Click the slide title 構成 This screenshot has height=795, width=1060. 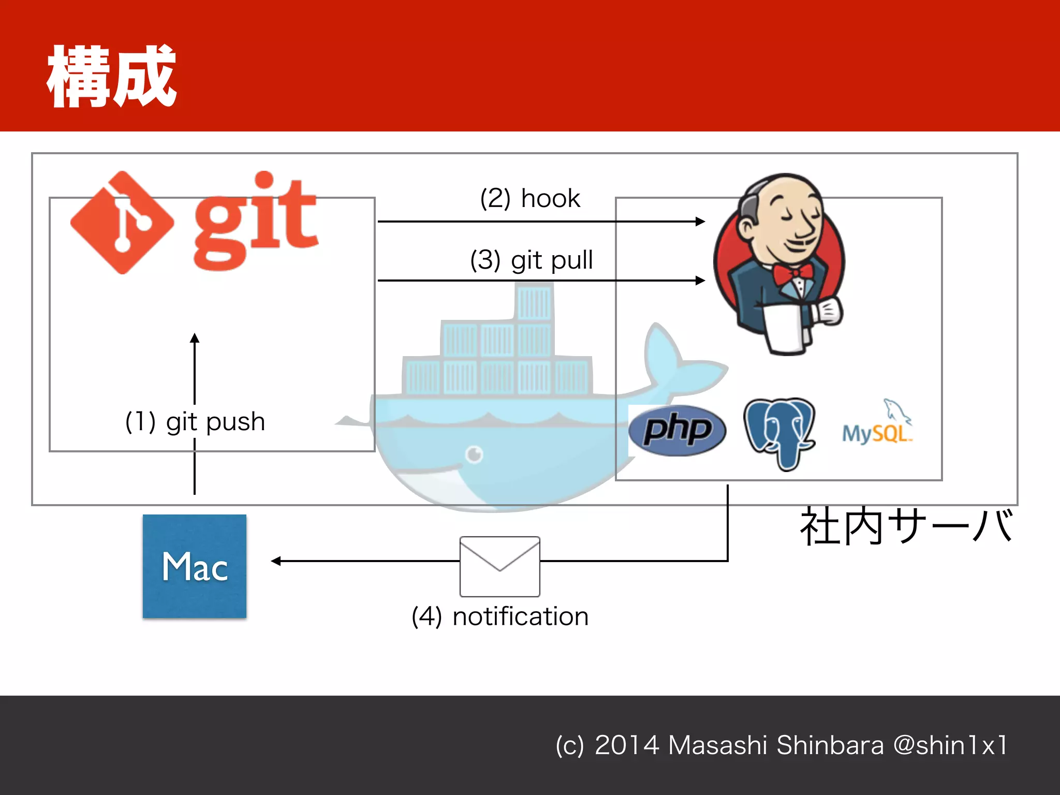tap(111, 77)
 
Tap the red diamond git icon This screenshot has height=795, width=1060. tap(122, 223)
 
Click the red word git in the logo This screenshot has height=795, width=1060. tap(255, 223)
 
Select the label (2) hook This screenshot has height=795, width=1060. tap(530, 198)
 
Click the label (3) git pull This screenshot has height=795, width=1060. tap(531, 260)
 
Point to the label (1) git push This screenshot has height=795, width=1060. tap(195, 422)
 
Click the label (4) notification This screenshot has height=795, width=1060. tap(500, 616)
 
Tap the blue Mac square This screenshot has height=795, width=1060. tap(195, 566)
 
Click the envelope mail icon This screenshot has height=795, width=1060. tap(500, 566)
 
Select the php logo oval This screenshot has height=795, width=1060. tap(677, 430)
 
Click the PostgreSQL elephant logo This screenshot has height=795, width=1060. tap(779, 432)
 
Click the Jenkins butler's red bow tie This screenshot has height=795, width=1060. tap(792, 273)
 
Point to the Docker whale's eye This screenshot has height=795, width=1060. tap(474, 454)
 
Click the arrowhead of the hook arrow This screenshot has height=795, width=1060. tap(700, 222)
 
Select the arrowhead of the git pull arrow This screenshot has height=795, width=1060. tap(700, 281)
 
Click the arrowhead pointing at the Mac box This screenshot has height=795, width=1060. tap(276, 561)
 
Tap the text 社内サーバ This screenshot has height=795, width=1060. tap(906, 527)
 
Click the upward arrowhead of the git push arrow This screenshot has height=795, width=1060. tap(195, 338)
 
